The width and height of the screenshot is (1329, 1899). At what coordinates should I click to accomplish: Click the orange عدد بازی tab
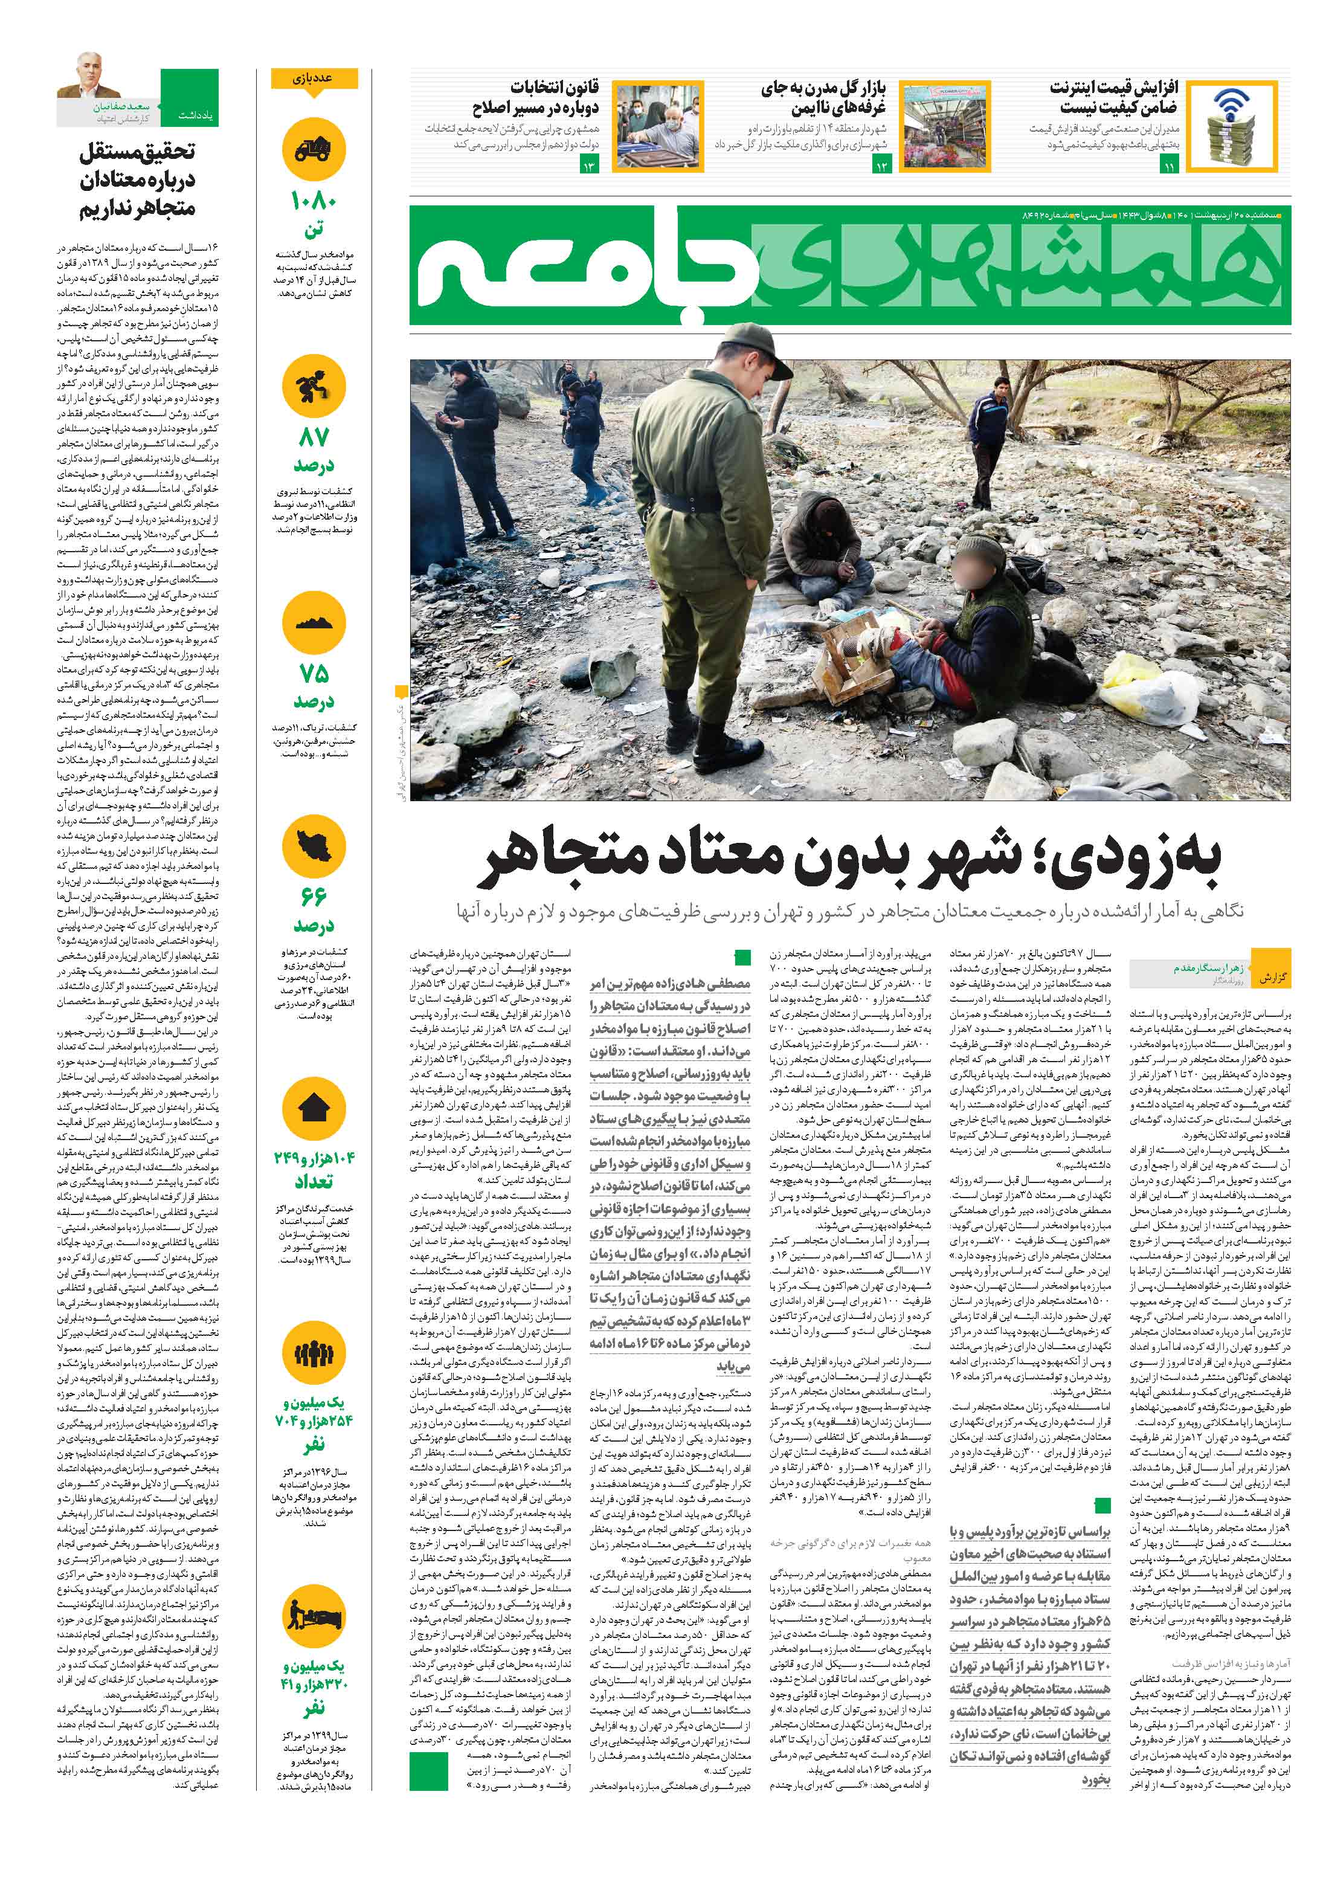coord(314,79)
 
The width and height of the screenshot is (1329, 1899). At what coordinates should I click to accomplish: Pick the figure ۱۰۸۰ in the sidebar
coord(314,202)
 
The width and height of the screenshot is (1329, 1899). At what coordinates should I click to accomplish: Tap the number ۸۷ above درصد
coord(314,437)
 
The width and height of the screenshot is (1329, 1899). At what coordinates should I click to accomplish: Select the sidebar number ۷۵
coord(314,673)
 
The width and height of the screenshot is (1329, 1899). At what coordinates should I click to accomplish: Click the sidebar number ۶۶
coord(314,896)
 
